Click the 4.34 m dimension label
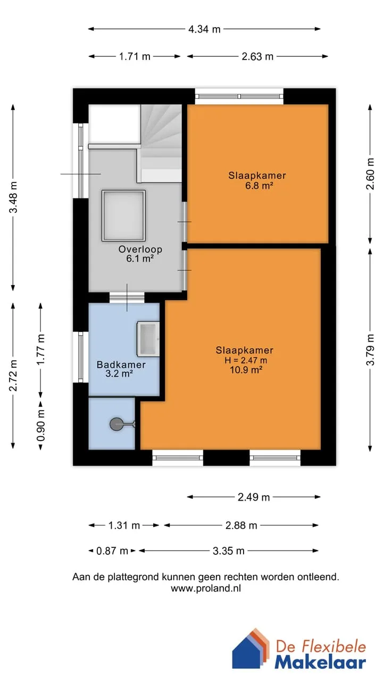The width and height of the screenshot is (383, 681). [x=204, y=29]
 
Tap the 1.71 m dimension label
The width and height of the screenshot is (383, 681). [x=135, y=56]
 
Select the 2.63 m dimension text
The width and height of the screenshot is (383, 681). [x=257, y=56]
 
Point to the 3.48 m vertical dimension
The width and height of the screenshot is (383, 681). [x=13, y=197]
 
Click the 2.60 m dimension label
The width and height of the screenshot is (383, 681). [x=370, y=174]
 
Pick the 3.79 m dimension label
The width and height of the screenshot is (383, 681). [x=370, y=350]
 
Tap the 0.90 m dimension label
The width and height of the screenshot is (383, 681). [x=41, y=425]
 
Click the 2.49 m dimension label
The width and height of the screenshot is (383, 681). [x=254, y=497]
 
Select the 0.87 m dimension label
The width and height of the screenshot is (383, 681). [x=112, y=551]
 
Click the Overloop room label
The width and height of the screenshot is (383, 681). [x=140, y=250]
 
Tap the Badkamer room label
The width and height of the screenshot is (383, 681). [x=121, y=364]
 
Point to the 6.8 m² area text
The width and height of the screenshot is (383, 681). [x=259, y=186]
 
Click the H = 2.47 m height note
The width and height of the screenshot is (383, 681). [x=246, y=360]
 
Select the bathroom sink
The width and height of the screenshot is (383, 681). [x=148, y=339]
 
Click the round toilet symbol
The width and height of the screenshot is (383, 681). [x=116, y=425]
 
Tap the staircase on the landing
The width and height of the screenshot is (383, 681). [x=161, y=144]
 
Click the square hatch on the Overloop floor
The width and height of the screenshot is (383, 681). [x=123, y=216]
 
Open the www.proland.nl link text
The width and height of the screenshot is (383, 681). [x=206, y=588]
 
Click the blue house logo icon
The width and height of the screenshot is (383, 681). [x=251, y=649]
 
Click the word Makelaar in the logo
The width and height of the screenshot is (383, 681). [x=320, y=663]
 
